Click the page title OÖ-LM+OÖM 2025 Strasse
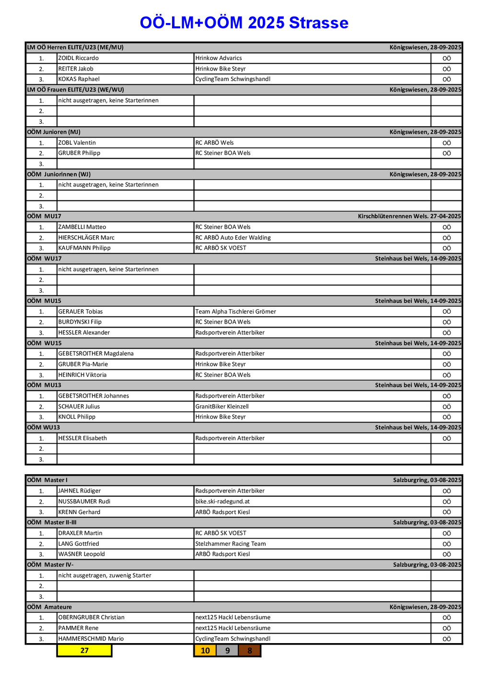pos(244,23)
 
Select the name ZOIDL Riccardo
pos(79,58)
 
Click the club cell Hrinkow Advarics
pos(219,58)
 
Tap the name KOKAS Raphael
pos(79,79)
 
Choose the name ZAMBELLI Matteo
pos(82,227)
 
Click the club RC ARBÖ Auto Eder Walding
pos(233,237)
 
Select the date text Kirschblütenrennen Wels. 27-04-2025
pos(409,216)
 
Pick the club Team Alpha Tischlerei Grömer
pos(236,311)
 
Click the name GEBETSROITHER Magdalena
pos(96,353)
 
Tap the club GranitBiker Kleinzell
pos(222,406)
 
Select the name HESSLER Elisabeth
pos(82,438)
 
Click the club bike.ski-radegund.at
pos(222,501)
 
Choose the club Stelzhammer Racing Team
pos(231,543)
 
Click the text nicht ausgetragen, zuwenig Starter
pos(105,575)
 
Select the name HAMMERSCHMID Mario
pos(91,638)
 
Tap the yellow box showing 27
pos(84,650)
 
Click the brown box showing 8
pos(250,650)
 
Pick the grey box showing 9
pos(228,650)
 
